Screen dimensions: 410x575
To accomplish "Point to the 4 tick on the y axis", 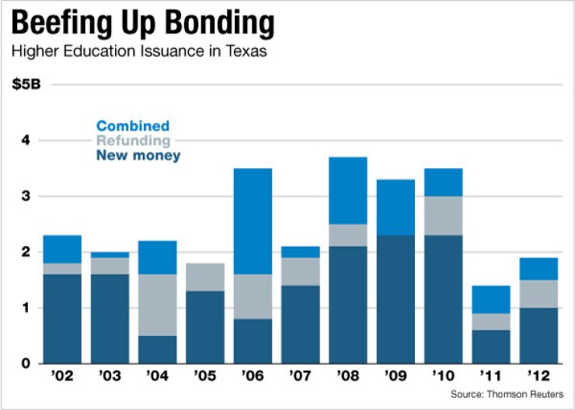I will (x=25, y=141).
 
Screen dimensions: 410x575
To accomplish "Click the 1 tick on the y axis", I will (x=25, y=308).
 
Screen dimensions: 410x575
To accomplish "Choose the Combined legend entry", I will (x=133, y=126).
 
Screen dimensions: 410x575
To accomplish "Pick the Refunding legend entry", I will (x=133, y=141).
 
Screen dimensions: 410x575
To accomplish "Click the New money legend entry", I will (x=138, y=156).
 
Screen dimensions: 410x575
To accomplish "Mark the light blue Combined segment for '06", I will (x=253, y=221).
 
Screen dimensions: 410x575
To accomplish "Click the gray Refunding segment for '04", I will (x=157, y=304).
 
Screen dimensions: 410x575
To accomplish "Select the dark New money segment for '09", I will (x=396, y=299).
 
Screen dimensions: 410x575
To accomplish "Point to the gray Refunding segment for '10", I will (x=443, y=216).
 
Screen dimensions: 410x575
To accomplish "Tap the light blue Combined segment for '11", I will (x=491, y=299).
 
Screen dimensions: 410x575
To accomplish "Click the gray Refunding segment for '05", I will (x=205, y=276).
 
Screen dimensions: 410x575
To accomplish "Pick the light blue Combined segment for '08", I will (x=347, y=191).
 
